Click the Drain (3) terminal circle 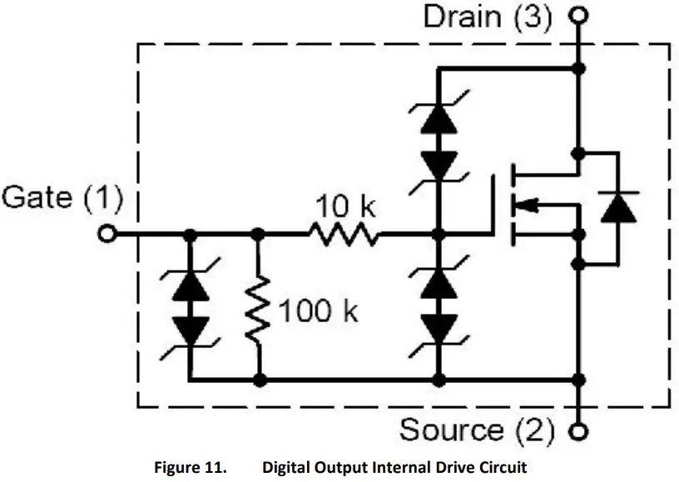578,16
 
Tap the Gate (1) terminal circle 107,234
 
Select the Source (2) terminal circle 578,432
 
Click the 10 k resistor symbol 344,235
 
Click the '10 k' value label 345,206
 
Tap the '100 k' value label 318,311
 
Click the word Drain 463,17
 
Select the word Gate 37,197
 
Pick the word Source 451,430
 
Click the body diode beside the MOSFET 618,207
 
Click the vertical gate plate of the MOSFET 493,205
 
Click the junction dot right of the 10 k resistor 439,235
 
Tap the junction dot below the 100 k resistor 260,380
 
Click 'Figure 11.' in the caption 191,468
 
